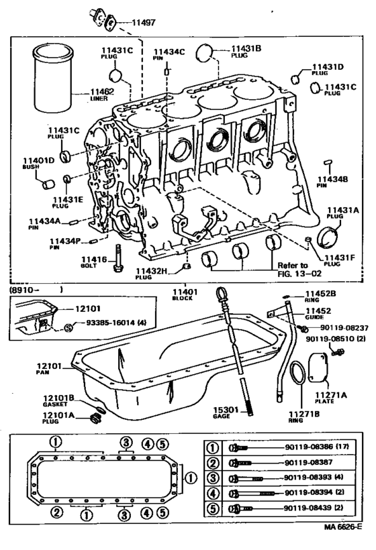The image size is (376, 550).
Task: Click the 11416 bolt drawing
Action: pos(119,259)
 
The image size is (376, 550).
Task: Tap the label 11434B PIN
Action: pos(332,182)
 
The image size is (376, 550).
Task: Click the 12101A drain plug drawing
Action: pos(96,419)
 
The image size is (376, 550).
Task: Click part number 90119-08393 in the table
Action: pos(310,478)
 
